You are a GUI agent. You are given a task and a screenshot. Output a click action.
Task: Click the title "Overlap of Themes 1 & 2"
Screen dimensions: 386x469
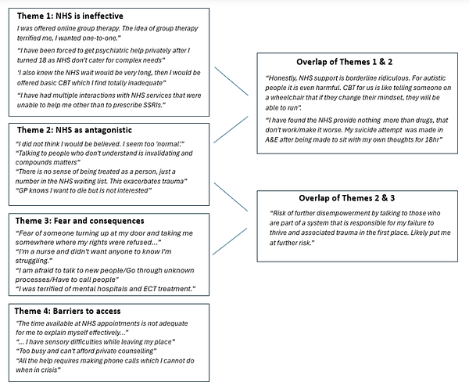coord(350,62)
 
